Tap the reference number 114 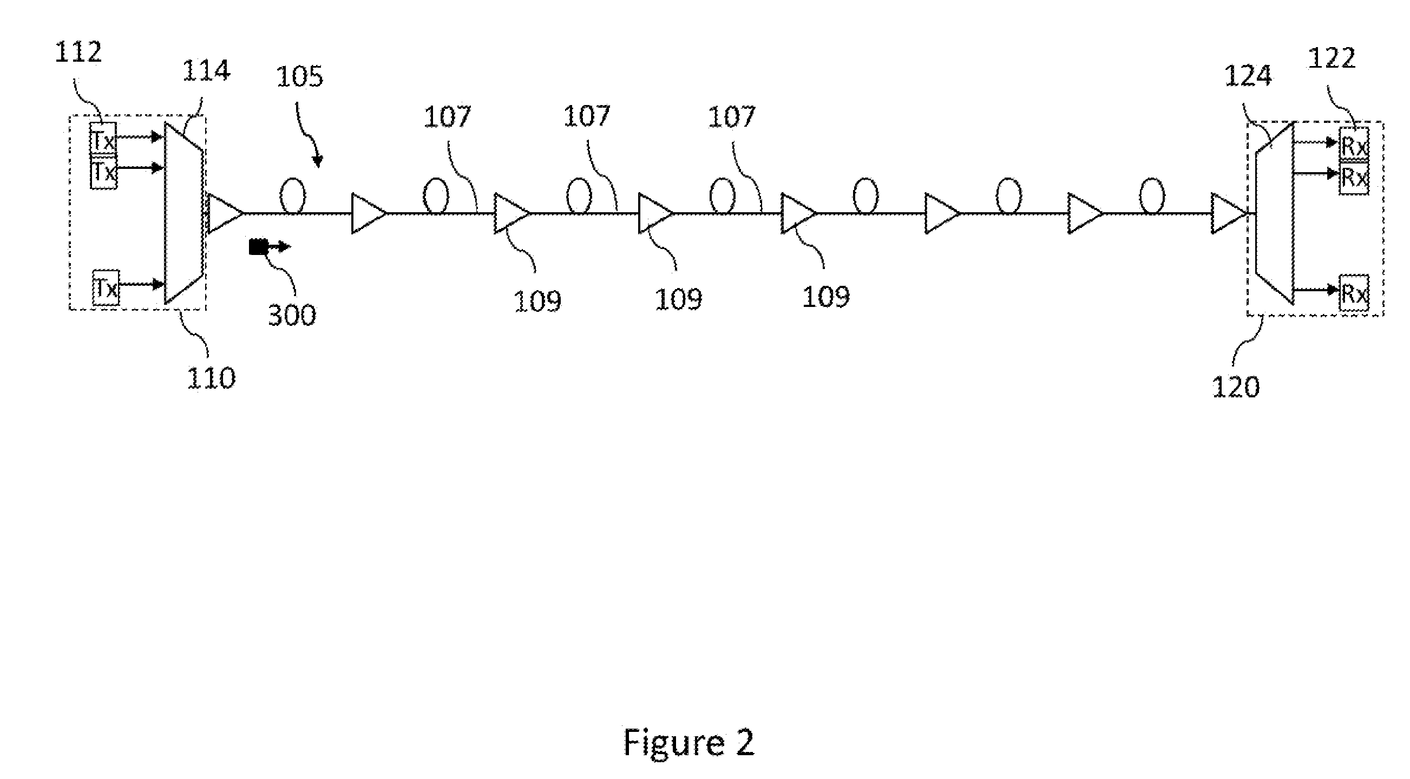(206, 71)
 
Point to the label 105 (299, 77)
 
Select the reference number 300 (292, 315)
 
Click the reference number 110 (211, 378)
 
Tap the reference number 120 (1235, 388)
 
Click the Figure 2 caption (688, 743)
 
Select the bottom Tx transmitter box (105, 287)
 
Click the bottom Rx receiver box (1354, 293)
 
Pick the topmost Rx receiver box (1354, 144)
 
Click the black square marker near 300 (257, 247)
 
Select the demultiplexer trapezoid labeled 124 (1274, 213)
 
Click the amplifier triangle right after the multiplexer (225, 213)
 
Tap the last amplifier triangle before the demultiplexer (1229, 213)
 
